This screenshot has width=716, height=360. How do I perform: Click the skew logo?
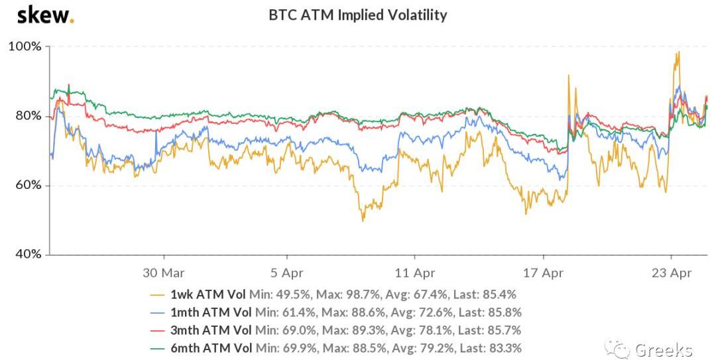(x=44, y=15)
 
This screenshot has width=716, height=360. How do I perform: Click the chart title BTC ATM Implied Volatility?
(x=357, y=15)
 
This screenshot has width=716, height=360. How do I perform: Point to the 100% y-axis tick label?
(x=25, y=47)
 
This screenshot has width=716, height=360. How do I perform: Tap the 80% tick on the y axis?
(x=28, y=116)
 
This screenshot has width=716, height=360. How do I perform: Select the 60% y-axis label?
(x=28, y=185)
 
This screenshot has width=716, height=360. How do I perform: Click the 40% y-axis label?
(x=28, y=255)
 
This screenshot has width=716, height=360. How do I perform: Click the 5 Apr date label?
(x=287, y=272)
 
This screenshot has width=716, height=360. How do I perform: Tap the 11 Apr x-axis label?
(x=414, y=272)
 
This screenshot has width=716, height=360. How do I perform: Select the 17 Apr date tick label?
(x=543, y=272)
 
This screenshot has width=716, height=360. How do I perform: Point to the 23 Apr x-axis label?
(x=671, y=272)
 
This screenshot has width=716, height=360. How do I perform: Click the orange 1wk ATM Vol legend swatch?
(x=158, y=294)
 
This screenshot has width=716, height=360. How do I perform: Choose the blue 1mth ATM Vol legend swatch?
(x=158, y=312)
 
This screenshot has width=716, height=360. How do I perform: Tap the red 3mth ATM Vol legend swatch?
(x=158, y=330)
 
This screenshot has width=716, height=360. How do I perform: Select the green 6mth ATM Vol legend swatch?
(x=158, y=348)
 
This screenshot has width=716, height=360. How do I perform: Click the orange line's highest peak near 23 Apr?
(x=678, y=52)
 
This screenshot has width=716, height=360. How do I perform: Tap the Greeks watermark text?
(x=663, y=349)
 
